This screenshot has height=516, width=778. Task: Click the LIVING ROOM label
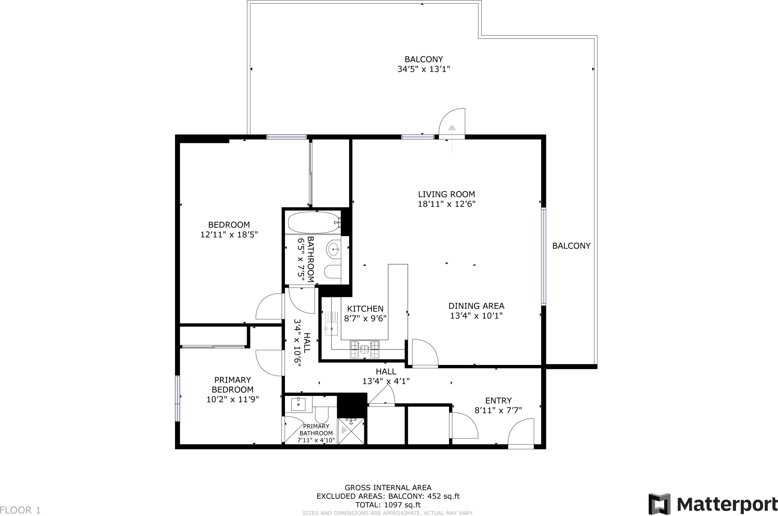(x=446, y=194)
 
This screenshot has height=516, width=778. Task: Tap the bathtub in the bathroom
(x=313, y=222)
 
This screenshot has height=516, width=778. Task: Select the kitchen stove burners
(x=365, y=349)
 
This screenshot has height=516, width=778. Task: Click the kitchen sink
(x=331, y=328)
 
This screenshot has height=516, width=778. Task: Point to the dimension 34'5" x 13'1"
(x=424, y=69)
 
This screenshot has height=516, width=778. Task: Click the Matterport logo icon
(x=659, y=504)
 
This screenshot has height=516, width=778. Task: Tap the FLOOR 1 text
(x=21, y=510)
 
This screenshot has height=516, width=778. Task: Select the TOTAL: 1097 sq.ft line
(x=388, y=505)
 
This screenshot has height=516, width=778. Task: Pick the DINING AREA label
(x=476, y=306)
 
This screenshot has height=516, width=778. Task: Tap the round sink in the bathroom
(x=333, y=250)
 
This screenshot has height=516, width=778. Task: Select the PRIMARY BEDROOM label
(x=232, y=384)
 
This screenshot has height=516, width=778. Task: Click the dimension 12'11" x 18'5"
(x=229, y=235)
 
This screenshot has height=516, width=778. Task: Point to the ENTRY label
(x=498, y=400)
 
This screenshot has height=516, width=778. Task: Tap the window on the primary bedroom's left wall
(x=177, y=398)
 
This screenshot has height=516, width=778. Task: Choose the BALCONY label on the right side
(x=571, y=246)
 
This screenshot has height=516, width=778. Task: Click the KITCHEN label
(x=365, y=309)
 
